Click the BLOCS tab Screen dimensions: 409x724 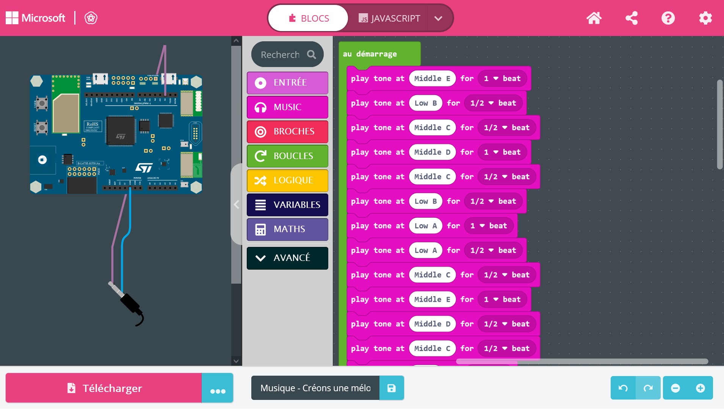click(x=309, y=18)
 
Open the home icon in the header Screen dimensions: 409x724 click(x=594, y=18)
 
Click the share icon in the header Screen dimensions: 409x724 click(x=631, y=18)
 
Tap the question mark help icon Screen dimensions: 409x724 click(x=668, y=18)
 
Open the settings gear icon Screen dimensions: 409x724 click(x=705, y=18)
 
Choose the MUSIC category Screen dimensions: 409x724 click(x=287, y=107)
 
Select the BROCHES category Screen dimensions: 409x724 click(x=287, y=131)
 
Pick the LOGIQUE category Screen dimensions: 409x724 click(x=287, y=180)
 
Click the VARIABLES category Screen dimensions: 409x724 click(x=287, y=205)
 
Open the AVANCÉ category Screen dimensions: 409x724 click(x=287, y=258)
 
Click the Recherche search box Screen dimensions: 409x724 click(x=281, y=55)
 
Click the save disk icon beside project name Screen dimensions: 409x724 click(x=391, y=388)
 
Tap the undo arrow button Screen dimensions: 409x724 click(x=623, y=388)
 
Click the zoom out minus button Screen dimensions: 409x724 click(x=675, y=388)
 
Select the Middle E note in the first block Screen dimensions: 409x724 click(x=432, y=78)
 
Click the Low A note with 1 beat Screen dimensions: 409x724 click(x=426, y=226)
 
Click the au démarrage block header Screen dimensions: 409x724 click(x=370, y=54)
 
